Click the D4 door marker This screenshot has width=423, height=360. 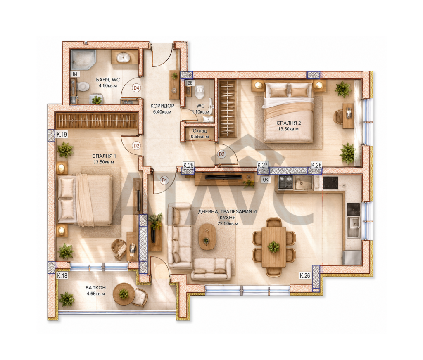136,88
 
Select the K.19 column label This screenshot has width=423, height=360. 62,135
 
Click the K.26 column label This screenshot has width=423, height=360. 305,276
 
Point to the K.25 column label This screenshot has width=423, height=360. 188,165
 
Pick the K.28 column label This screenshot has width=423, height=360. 316,165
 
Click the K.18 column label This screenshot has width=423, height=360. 62,276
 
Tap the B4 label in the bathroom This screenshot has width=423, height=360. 75,74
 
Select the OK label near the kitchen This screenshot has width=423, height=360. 266,180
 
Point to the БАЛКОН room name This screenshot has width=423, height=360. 96,288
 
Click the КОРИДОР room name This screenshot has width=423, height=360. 162,106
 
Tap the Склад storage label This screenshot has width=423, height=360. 200,131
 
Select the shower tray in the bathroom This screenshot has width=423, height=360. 83,59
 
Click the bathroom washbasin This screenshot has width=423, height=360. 124,57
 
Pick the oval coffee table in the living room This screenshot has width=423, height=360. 207,237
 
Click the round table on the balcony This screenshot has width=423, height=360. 124,294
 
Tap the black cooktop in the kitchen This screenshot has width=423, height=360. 330,182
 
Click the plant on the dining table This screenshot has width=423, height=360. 274,247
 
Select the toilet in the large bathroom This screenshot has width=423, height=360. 83,87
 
